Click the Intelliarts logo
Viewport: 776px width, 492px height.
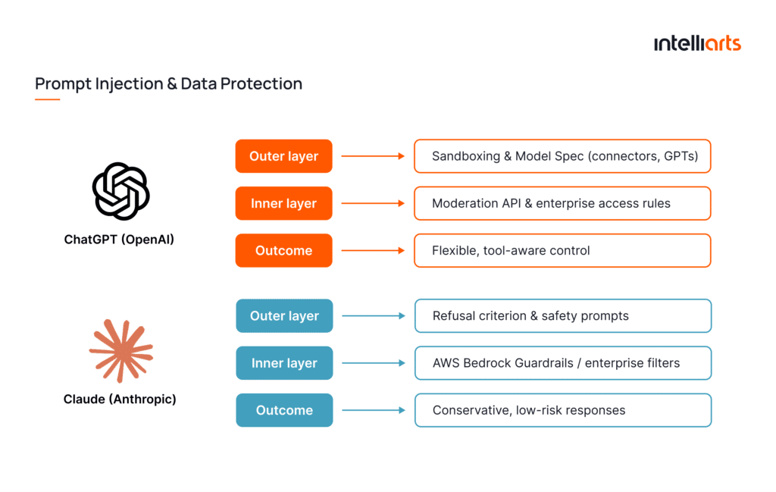click(697, 43)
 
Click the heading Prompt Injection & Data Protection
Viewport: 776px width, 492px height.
click(168, 83)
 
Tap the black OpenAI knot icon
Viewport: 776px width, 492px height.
click(120, 191)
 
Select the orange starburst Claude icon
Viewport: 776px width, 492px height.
click(120, 350)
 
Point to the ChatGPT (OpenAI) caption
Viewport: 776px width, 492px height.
click(120, 240)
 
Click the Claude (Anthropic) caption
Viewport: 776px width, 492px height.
click(120, 399)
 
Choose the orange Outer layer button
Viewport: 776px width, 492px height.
click(284, 156)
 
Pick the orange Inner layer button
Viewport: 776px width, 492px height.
click(284, 203)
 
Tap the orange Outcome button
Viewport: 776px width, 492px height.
click(284, 250)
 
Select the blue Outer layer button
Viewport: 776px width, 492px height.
click(284, 316)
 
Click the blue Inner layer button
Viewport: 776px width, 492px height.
click(284, 363)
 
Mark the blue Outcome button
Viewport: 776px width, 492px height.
click(284, 410)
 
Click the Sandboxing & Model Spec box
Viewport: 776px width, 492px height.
click(562, 156)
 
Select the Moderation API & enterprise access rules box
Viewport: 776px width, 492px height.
click(562, 203)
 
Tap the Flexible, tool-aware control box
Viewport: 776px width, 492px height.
click(562, 250)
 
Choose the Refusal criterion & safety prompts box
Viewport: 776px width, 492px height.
click(562, 316)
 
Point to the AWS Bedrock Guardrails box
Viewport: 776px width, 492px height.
click(562, 363)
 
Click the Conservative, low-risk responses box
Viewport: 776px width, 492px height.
click(562, 410)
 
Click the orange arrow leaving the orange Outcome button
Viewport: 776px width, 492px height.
click(373, 250)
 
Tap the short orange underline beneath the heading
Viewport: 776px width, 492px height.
click(47, 99)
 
